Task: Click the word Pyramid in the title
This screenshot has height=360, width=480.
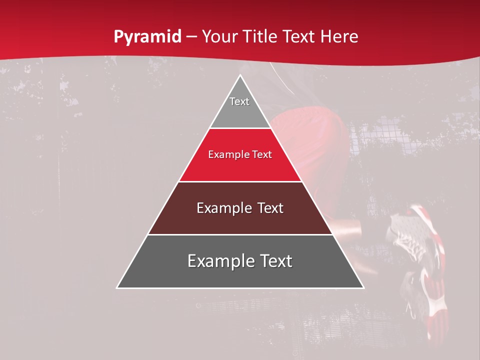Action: coord(147,37)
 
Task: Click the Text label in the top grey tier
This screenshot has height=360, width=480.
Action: coord(239,101)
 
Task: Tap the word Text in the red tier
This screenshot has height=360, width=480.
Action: coord(262,155)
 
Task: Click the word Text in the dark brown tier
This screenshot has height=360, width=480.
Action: coord(270,208)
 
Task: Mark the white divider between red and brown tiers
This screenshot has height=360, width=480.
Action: coord(240,181)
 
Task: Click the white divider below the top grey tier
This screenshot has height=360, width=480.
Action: coord(240,128)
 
